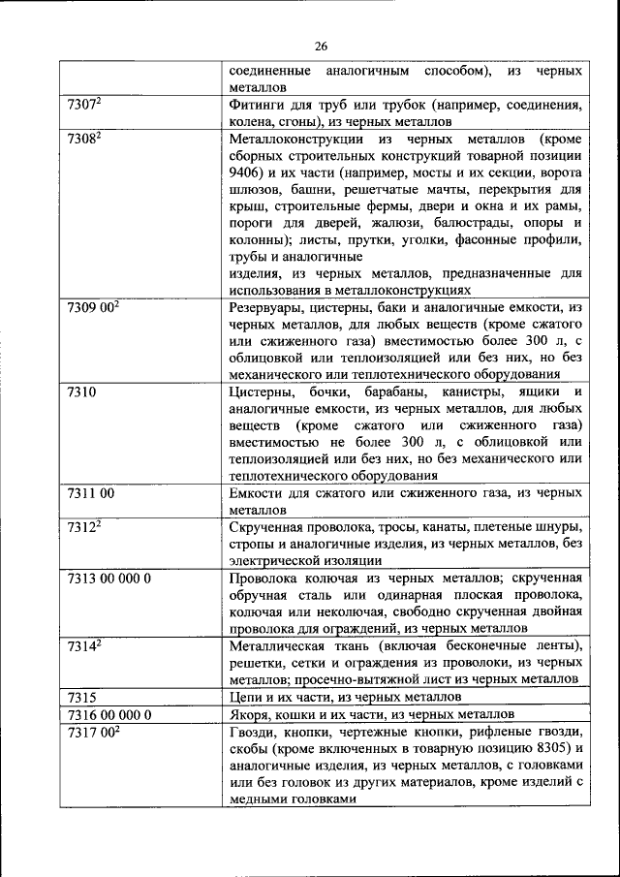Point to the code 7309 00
(93, 308)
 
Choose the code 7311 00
(91, 493)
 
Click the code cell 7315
(82, 697)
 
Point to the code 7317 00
(93, 733)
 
